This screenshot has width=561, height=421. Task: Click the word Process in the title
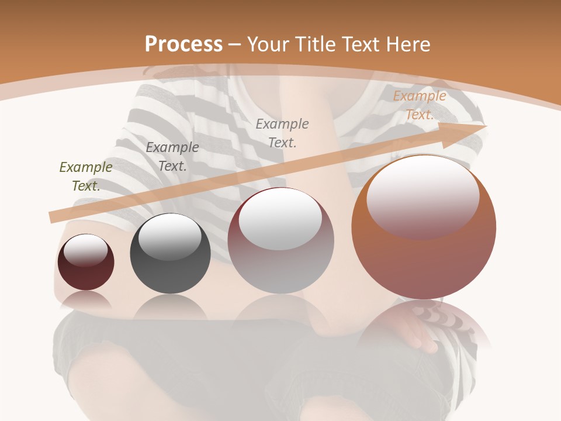point(183,44)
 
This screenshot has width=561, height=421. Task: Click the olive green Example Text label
point(86,177)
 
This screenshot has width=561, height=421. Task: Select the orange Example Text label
point(420,105)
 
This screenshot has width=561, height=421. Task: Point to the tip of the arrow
point(485,126)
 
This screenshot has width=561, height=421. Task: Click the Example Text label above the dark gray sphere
point(172,157)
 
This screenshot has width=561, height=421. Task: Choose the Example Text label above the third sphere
point(282,133)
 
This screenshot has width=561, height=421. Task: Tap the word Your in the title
point(269,44)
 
